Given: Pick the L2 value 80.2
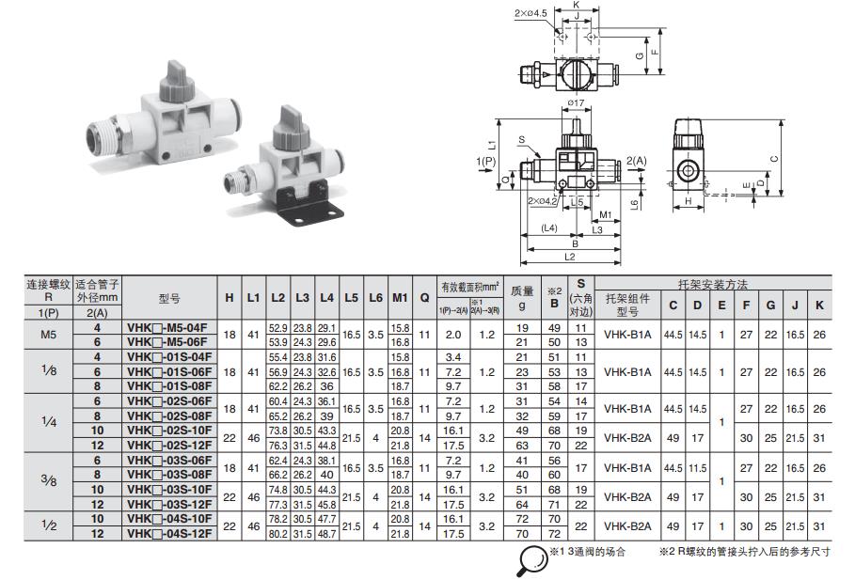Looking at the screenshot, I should point(277,534).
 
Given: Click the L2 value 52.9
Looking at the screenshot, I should point(277,327).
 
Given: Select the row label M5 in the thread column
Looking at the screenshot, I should point(50,333).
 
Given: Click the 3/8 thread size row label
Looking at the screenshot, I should point(50,479).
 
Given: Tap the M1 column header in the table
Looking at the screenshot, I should point(400,297).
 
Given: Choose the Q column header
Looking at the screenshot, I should point(423,297).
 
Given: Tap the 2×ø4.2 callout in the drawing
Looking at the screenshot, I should point(542,201).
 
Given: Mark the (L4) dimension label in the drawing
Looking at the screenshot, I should point(551,228).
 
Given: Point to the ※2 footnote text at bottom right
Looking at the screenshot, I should point(744,552).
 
